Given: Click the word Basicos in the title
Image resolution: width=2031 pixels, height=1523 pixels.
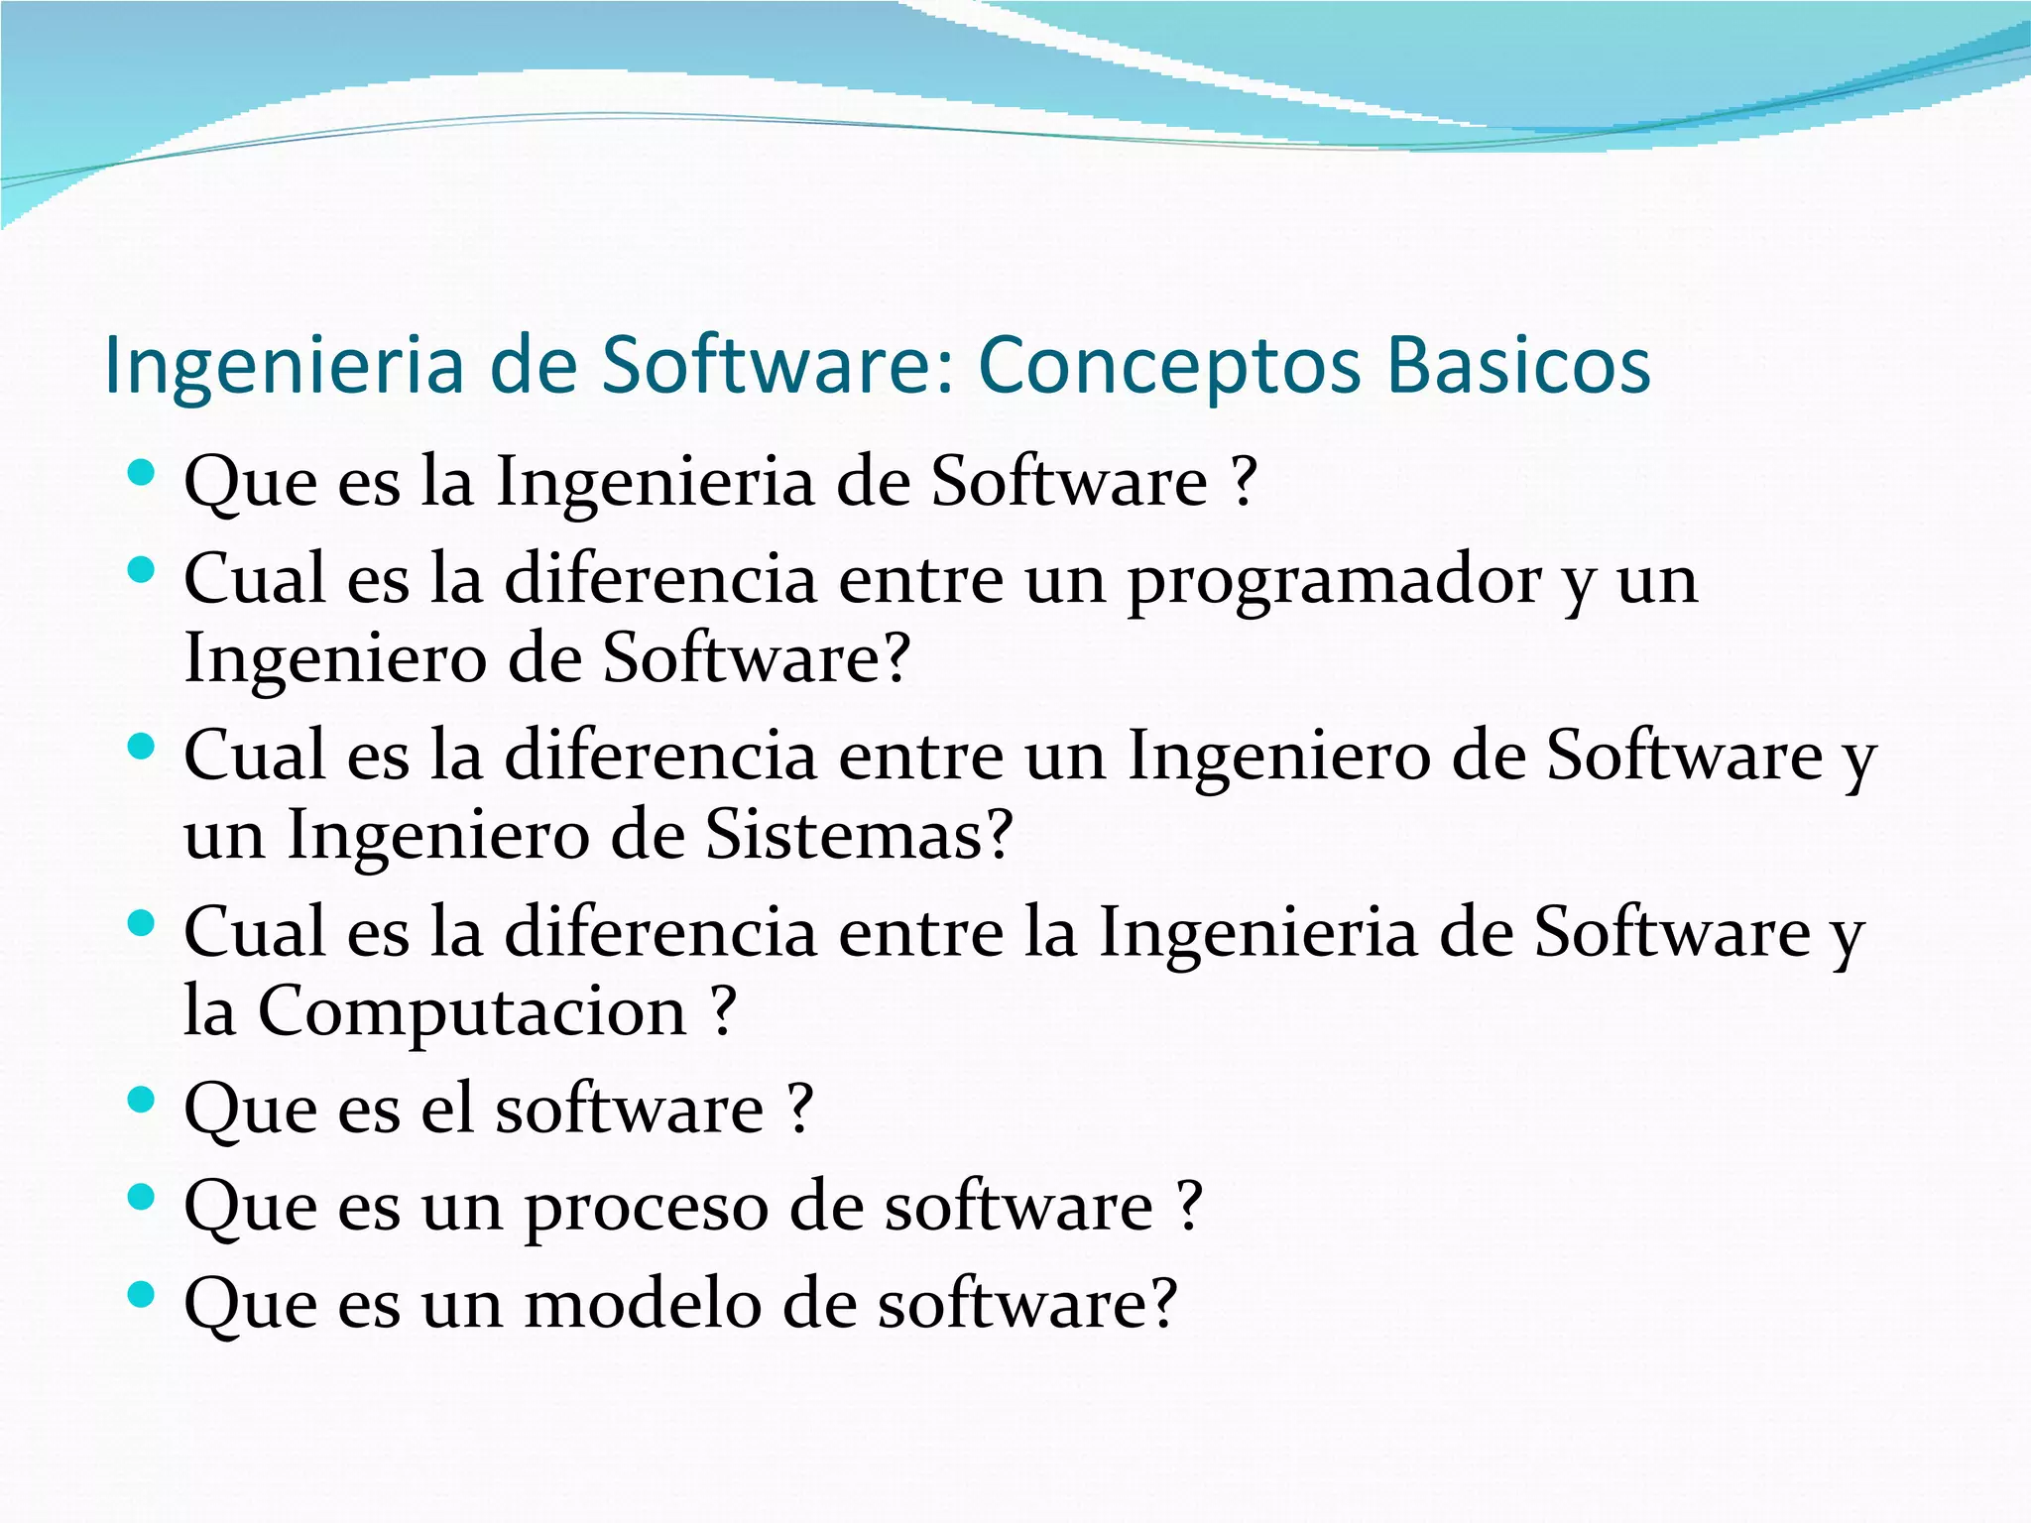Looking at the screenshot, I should pyautogui.click(x=1518, y=365).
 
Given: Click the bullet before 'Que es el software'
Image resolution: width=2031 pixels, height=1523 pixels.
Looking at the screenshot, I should pyautogui.click(x=142, y=1100).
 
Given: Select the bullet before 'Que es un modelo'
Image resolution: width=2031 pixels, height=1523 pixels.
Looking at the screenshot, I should pyautogui.click(x=142, y=1294).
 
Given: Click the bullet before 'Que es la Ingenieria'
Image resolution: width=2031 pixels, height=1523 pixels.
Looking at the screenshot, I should pyautogui.click(x=142, y=473).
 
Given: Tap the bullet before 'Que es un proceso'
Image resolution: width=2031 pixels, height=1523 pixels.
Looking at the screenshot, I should pyautogui.click(x=142, y=1197).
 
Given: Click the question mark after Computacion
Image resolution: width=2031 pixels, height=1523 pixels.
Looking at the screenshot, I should pyautogui.click(x=724, y=1011).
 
